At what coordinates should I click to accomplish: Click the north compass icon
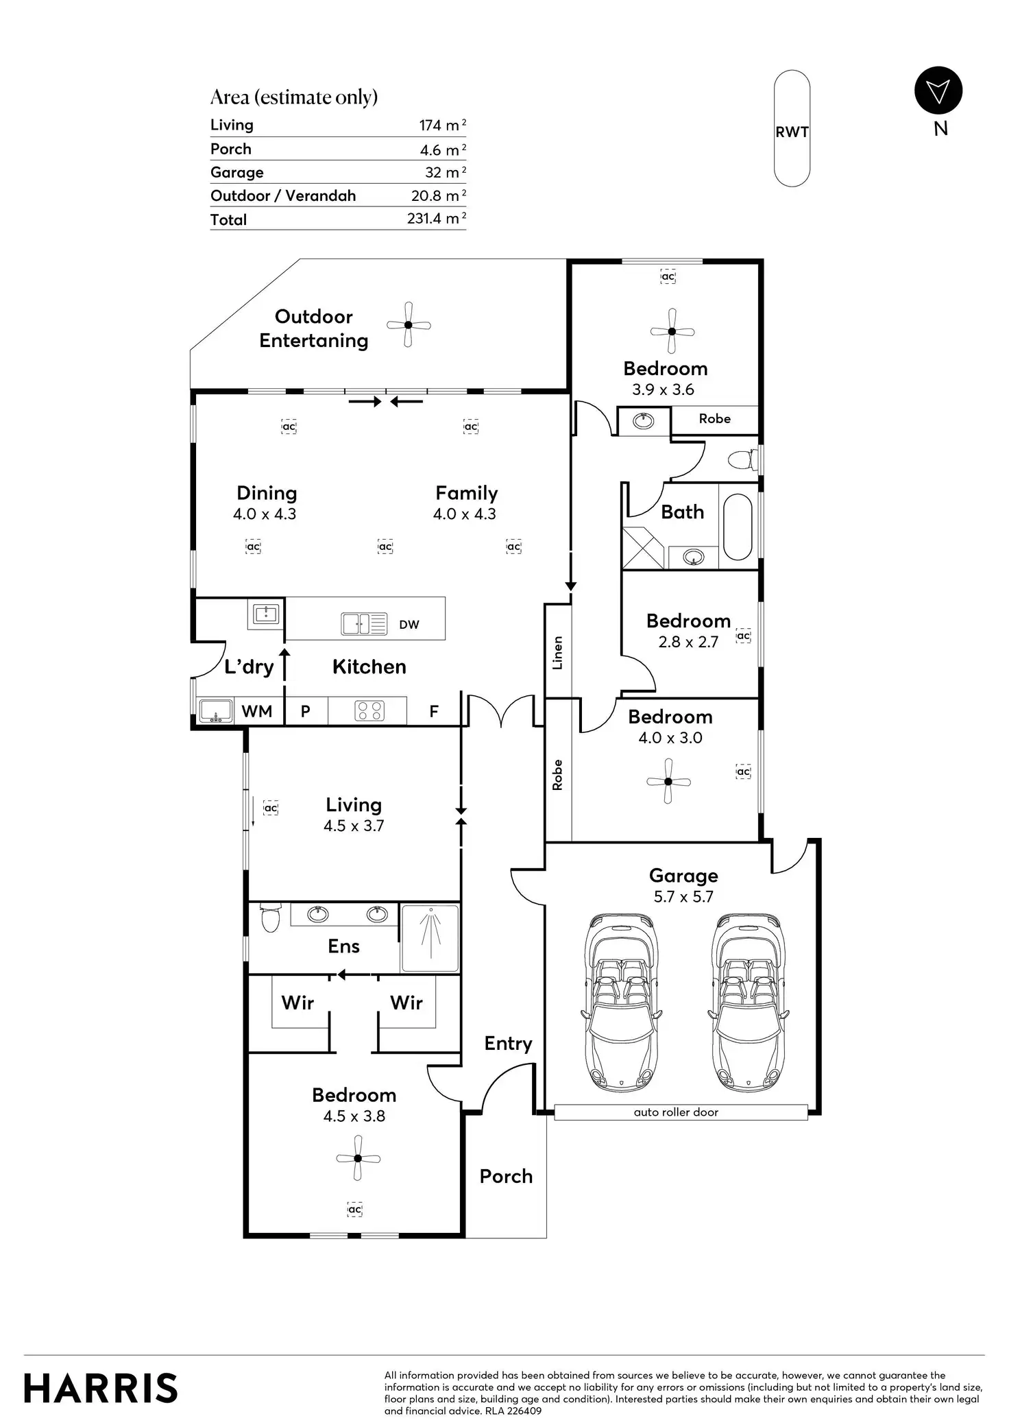click(x=938, y=91)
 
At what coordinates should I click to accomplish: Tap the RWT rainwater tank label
click(x=792, y=132)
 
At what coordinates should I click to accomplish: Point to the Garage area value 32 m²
click(x=446, y=172)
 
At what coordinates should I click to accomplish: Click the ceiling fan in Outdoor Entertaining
click(x=409, y=324)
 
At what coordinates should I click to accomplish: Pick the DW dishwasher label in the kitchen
click(x=409, y=625)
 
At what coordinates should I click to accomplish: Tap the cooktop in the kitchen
click(x=369, y=711)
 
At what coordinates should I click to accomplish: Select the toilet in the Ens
click(x=270, y=918)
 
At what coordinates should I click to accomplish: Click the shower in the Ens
click(x=430, y=937)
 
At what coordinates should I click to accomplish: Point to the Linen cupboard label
click(x=557, y=653)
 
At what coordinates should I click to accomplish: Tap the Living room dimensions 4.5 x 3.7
click(x=354, y=826)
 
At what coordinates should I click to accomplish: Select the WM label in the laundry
click(x=257, y=712)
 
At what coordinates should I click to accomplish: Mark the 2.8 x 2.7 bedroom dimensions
click(x=688, y=642)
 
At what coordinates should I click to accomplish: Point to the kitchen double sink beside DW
click(x=364, y=623)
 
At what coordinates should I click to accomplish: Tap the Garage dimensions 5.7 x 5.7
click(x=683, y=897)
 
